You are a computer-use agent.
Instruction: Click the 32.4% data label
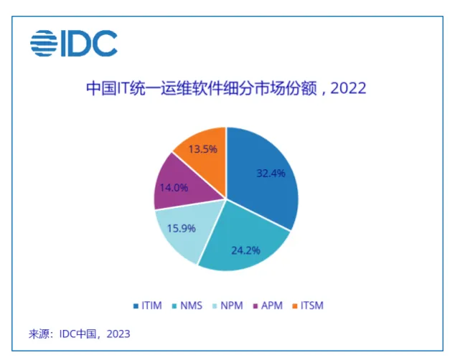[271, 174]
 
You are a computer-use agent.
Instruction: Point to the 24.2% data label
[245, 250]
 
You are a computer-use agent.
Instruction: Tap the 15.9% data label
[182, 228]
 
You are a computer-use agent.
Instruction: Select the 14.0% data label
[174, 188]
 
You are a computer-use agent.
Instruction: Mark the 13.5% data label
[203, 149]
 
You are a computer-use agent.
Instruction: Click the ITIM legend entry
[148, 305]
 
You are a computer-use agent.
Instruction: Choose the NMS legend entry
[187, 305]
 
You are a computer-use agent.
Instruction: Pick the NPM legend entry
[227, 305]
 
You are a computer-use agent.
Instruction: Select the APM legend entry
[268, 305]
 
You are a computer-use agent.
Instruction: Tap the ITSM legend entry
[308, 305]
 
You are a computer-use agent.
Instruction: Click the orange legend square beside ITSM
[295, 306]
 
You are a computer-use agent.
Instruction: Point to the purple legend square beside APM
[255, 306]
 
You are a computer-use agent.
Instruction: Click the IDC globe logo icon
[44, 43]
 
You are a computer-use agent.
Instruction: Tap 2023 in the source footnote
[118, 334]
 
